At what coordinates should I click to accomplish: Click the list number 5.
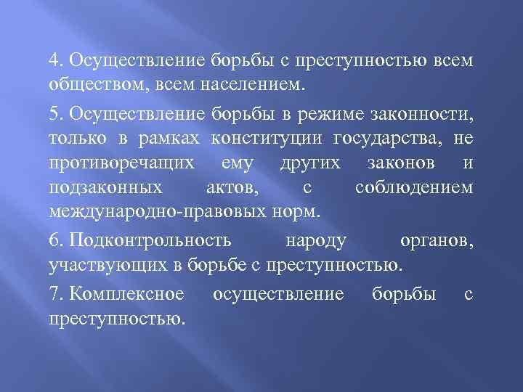(x=55, y=112)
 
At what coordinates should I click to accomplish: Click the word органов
(x=437, y=240)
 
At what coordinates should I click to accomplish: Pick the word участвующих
(x=99, y=265)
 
